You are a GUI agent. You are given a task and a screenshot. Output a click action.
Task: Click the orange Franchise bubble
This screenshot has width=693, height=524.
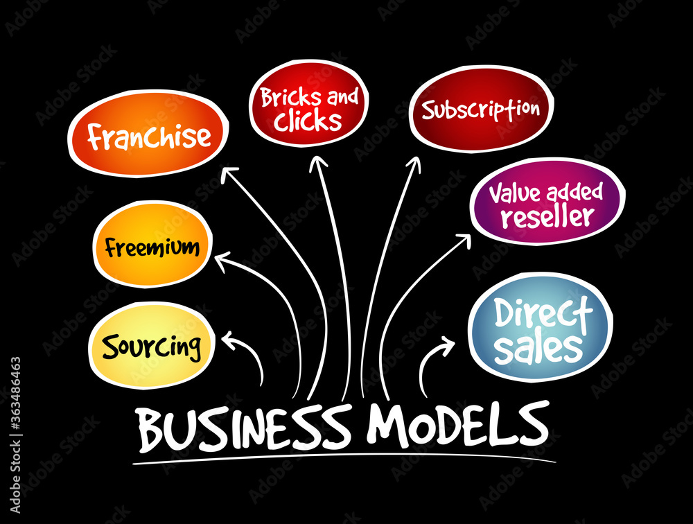[148, 134]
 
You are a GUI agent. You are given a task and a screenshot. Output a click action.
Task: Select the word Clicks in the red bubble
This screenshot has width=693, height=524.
[308, 121]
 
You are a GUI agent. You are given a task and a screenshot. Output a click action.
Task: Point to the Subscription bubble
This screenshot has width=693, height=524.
[482, 109]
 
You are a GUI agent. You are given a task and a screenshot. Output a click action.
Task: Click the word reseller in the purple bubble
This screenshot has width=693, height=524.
[547, 216]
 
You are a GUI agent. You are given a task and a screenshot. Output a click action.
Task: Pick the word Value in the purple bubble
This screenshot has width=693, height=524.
[516, 193]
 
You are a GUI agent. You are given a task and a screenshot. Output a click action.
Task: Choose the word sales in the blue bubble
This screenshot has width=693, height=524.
[538, 347]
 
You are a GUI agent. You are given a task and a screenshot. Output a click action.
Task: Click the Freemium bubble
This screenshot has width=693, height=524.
[152, 244]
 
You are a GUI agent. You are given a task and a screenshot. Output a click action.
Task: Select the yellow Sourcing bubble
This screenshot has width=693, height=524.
[152, 346]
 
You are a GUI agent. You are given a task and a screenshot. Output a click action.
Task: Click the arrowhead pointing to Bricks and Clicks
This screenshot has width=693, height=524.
[318, 162]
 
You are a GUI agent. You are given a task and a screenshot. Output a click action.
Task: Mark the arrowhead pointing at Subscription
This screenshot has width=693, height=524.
[414, 163]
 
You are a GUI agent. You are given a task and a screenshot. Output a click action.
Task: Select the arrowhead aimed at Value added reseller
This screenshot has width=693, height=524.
[463, 241]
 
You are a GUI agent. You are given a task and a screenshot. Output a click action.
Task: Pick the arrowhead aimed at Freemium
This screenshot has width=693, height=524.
[222, 261]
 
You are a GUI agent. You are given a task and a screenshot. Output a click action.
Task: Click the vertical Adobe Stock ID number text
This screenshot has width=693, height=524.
[15, 435]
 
